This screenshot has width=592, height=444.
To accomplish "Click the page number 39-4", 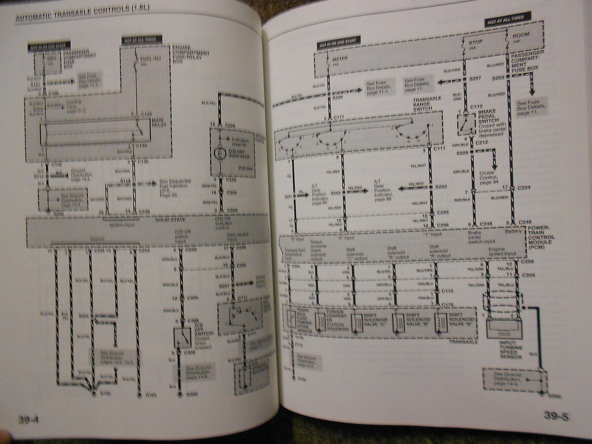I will click(x=29, y=420).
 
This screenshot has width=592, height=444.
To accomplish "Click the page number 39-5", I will click(x=556, y=416).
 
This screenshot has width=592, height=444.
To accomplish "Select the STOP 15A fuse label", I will click(x=475, y=44).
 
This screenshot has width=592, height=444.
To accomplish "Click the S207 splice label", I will click(x=475, y=79).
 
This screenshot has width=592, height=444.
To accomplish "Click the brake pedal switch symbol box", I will click(x=464, y=125).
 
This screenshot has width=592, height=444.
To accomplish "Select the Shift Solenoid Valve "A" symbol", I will click(x=441, y=321).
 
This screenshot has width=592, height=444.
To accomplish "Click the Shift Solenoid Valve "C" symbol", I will click(x=356, y=322).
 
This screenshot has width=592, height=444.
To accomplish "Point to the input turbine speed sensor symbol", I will click(x=504, y=327).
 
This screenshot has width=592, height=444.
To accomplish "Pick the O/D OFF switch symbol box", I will click(x=182, y=338).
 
